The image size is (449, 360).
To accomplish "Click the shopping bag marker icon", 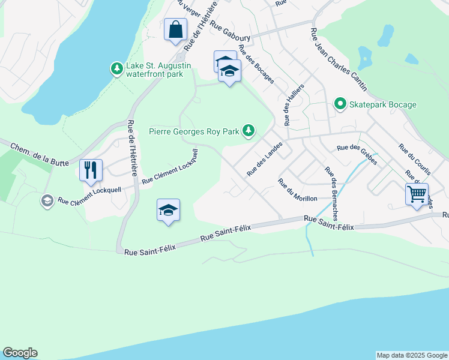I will click(x=175, y=29).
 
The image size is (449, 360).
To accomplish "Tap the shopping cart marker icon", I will click(x=416, y=194).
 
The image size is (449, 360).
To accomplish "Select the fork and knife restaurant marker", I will click(x=91, y=170).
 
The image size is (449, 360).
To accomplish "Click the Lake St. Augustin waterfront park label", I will click(x=158, y=70).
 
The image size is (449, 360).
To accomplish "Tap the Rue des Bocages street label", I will click(x=256, y=64).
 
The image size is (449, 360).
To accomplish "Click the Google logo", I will click(x=20, y=353).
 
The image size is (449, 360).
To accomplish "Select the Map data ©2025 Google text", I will click(x=412, y=355).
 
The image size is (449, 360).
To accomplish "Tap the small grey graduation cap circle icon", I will click(x=47, y=201).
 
